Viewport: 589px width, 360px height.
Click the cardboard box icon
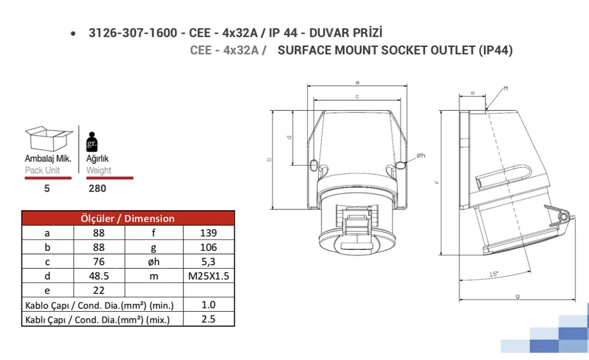(x=49, y=139)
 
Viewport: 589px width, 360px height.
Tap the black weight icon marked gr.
(x=92, y=142)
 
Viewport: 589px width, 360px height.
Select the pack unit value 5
(x=47, y=188)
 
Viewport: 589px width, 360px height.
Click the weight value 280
(x=97, y=188)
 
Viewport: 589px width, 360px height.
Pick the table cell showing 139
(x=209, y=233)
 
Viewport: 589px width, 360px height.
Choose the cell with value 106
(x=209, y=247)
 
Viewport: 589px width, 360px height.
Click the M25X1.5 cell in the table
(x=209, y=276)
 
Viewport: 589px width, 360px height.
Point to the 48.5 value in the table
(x=99, y=276)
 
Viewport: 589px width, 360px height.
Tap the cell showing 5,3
(x=209, y=261)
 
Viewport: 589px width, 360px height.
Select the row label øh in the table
(x=154, y=261)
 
